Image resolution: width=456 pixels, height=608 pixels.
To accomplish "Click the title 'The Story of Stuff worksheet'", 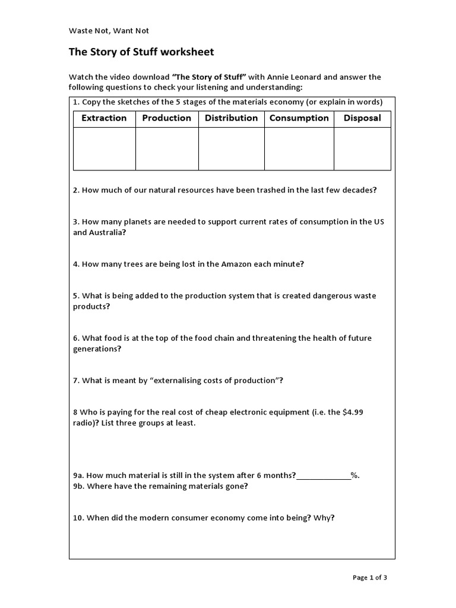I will (x=141, y=52).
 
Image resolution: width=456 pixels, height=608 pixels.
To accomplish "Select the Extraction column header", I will (x=104, y=118).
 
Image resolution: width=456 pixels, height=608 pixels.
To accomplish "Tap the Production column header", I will (x=167, y=118).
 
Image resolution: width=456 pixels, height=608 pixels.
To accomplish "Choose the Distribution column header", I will (x=231, y=118).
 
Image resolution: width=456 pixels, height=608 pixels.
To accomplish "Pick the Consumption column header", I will (x=299, y=118).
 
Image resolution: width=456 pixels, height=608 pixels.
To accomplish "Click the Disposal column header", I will (x=362, y=118).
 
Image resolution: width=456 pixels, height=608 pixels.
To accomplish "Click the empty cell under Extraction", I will (x=104, y=149).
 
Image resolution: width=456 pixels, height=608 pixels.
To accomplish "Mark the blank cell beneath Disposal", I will (x=362, y=149).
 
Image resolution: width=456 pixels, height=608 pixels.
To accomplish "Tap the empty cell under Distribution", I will (x=231, y=149).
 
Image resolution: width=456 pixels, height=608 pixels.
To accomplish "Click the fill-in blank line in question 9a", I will (x=323, y=475).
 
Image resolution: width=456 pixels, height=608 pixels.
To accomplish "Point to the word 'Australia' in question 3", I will (x=106, y=233).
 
